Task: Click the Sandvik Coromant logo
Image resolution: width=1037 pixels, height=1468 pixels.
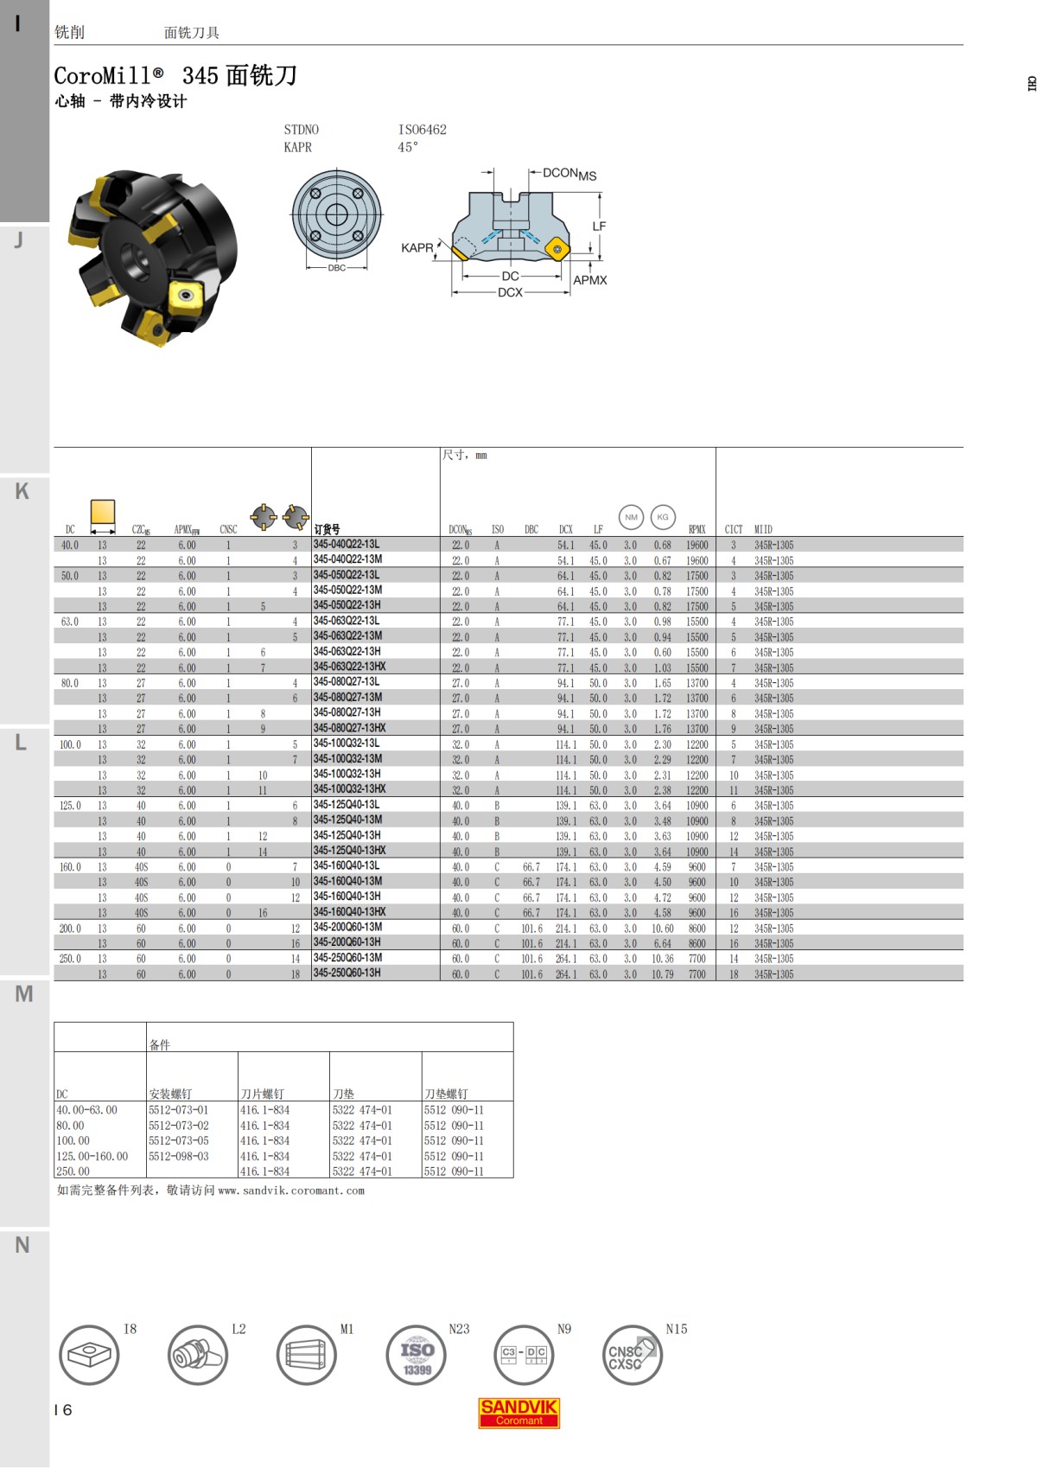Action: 519,1413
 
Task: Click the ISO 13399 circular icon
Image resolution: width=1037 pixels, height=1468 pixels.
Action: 417,1355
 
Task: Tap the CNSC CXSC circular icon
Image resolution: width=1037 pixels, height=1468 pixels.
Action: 632,1355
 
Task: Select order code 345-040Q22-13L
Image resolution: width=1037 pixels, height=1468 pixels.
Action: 347,545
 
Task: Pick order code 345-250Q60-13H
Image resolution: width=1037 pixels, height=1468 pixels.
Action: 347,973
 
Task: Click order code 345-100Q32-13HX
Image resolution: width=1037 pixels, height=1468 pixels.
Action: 349,789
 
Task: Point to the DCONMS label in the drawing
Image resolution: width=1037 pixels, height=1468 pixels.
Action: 569,174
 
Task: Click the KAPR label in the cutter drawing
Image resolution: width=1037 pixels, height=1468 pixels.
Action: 417,248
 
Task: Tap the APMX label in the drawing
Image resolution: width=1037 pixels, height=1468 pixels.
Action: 590,280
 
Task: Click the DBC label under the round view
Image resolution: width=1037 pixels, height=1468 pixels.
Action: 336,268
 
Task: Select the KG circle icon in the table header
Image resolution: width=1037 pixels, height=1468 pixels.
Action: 663,517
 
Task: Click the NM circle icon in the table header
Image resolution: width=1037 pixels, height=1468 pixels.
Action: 631,517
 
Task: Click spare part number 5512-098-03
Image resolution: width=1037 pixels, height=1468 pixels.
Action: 179,1156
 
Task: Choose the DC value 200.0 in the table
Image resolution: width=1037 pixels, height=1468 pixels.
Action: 70,929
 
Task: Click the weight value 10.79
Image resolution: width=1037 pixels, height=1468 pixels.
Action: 662,974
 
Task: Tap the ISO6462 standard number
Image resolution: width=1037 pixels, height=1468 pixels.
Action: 423,130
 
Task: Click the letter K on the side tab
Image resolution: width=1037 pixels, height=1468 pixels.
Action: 22,491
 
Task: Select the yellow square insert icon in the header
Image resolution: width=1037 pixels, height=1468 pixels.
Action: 103,512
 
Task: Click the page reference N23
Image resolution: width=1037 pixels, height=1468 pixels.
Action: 459,1329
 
